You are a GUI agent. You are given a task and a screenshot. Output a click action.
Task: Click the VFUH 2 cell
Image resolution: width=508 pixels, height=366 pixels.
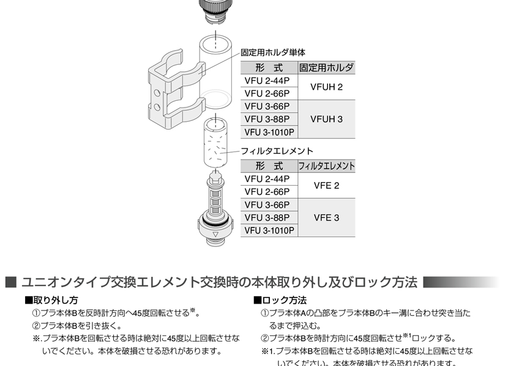(x=326, y=87)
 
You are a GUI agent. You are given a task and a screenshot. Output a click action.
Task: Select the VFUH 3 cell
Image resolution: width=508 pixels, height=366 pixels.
(x=326, y=119)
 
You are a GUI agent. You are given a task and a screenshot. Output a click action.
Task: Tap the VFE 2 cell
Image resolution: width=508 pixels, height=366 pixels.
(x=326, y=185)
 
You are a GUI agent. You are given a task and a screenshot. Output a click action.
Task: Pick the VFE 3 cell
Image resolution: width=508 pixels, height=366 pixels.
(x=326, y=218)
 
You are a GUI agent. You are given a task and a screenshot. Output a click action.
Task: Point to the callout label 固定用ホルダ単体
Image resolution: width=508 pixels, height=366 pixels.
(x=273, y=53)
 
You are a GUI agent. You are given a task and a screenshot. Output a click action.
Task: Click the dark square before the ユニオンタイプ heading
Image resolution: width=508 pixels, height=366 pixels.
(x=10, y=282)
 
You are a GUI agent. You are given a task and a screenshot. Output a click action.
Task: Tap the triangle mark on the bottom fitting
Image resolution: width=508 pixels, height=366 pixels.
(x=215, y=235)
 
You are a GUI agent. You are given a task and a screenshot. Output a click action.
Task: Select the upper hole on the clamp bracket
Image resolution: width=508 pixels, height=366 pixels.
(x=157, y=93)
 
